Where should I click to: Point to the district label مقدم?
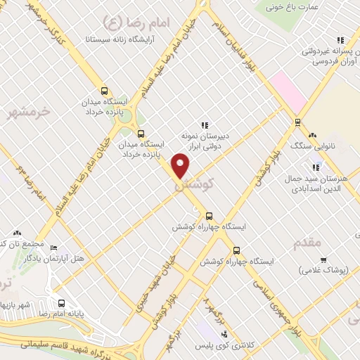click(306, 242)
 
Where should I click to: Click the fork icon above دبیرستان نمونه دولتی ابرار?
click(205, 125)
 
